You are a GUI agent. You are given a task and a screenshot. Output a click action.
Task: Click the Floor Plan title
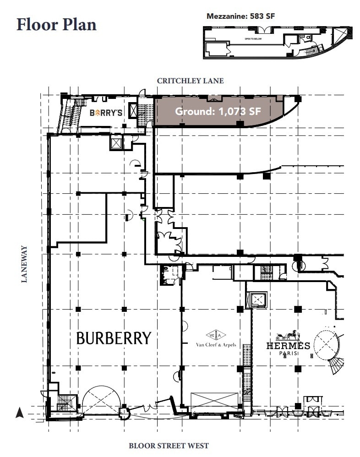[56, 24]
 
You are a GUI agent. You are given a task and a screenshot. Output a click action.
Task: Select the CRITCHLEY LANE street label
[190, 81]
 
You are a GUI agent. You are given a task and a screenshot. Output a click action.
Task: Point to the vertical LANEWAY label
[24, 264]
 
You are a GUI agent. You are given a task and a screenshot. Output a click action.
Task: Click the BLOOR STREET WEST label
[169, 445]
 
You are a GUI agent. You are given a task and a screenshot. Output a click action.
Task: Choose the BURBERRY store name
[113, 338]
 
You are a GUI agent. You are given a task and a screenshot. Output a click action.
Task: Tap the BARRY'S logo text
[106, 112]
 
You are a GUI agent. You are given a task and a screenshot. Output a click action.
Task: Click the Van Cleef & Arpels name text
[216, 345]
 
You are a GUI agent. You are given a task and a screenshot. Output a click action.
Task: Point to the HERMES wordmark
[288, 346]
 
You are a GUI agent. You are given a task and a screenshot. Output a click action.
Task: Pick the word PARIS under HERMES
[288, 354]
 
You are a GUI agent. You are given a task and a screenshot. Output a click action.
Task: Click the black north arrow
[19, 413]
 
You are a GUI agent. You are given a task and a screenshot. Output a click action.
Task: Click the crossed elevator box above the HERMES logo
[259, 300]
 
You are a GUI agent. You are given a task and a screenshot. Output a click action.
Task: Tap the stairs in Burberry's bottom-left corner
[65, 403]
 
